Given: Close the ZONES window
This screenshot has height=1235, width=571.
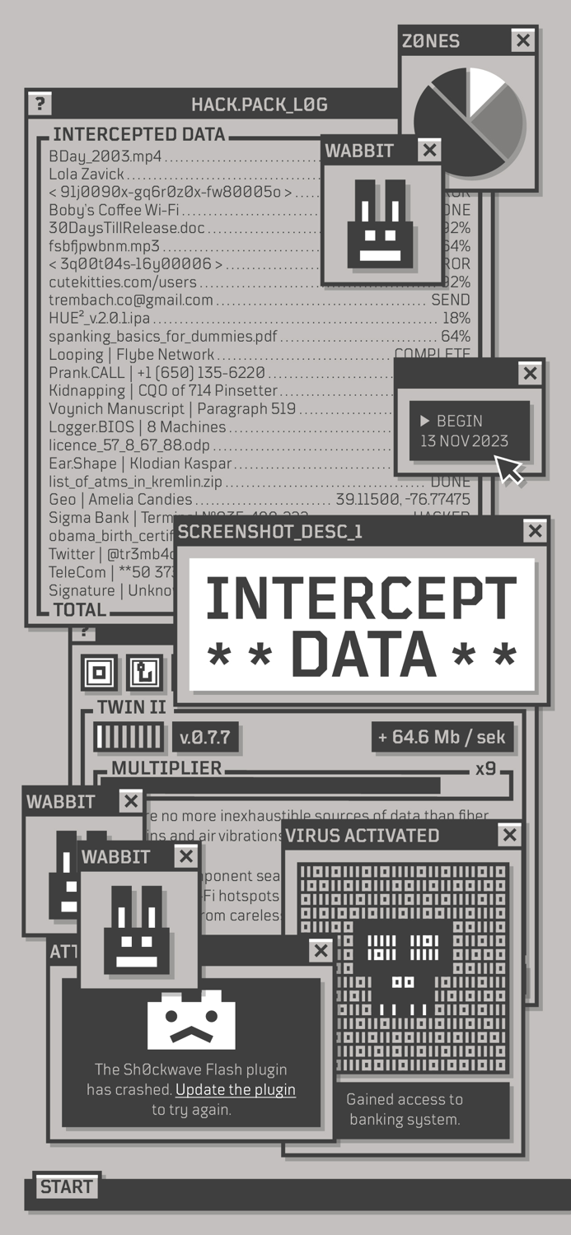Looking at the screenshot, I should (522, 40).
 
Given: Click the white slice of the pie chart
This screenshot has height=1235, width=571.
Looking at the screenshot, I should (484, 89).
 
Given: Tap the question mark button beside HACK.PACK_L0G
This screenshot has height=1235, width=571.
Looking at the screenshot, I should (39, 104).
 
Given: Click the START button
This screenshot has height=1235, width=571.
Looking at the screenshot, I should (67, 1186).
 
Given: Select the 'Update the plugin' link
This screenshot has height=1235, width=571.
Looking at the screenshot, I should (236, 1089).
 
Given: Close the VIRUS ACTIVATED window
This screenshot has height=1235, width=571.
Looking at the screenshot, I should (510, 835).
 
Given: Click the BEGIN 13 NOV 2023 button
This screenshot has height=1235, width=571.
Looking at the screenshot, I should (469, 431).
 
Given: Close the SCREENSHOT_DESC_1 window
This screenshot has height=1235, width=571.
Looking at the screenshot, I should (536, 531).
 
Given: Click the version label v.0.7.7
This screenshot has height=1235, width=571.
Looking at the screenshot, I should (204, 737).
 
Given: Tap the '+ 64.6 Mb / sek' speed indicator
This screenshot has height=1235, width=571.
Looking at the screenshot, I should (442, 737).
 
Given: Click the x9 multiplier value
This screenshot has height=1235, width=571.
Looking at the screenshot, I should (485, 769).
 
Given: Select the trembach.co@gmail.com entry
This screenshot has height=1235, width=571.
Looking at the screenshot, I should (131, 300).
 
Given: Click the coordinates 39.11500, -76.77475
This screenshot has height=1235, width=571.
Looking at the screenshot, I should (403, 500).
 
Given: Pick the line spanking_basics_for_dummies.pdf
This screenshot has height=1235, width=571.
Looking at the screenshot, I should (163, 336).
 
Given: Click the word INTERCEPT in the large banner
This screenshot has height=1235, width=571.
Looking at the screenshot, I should (362, 599).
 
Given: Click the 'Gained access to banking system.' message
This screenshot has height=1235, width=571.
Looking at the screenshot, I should (405, 1109).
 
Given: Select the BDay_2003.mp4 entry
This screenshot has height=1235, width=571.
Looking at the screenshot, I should (105, 156).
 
